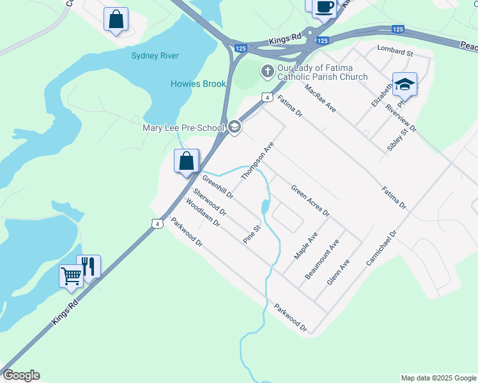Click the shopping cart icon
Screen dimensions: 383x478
[71, 276]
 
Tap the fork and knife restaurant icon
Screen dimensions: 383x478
[89, 266]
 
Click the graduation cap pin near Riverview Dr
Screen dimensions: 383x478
[405, 84]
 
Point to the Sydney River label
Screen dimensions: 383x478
[155, 56]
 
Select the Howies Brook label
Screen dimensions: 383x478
[198, 84]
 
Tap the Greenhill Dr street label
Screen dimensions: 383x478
[218, 186]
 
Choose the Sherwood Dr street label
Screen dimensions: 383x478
[210, 202]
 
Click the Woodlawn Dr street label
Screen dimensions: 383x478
[203, 213]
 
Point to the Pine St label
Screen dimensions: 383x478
[252, 233]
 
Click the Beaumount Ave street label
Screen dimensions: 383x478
[321, 259]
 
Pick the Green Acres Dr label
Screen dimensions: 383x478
[310, 200]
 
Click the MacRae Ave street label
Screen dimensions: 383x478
[320, 99]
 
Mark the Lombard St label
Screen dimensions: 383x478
[396, 49]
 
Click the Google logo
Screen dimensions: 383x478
[21, 375]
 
